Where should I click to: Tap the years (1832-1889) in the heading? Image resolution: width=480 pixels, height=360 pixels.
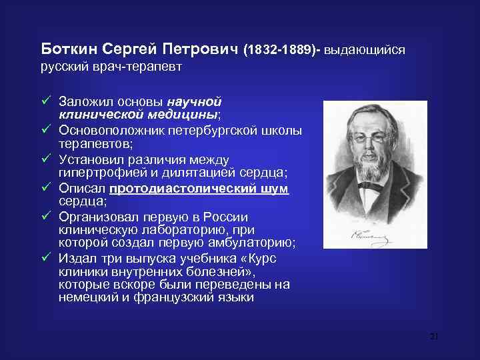coord(283,50)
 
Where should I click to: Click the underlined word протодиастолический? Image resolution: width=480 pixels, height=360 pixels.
coord(192,189)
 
